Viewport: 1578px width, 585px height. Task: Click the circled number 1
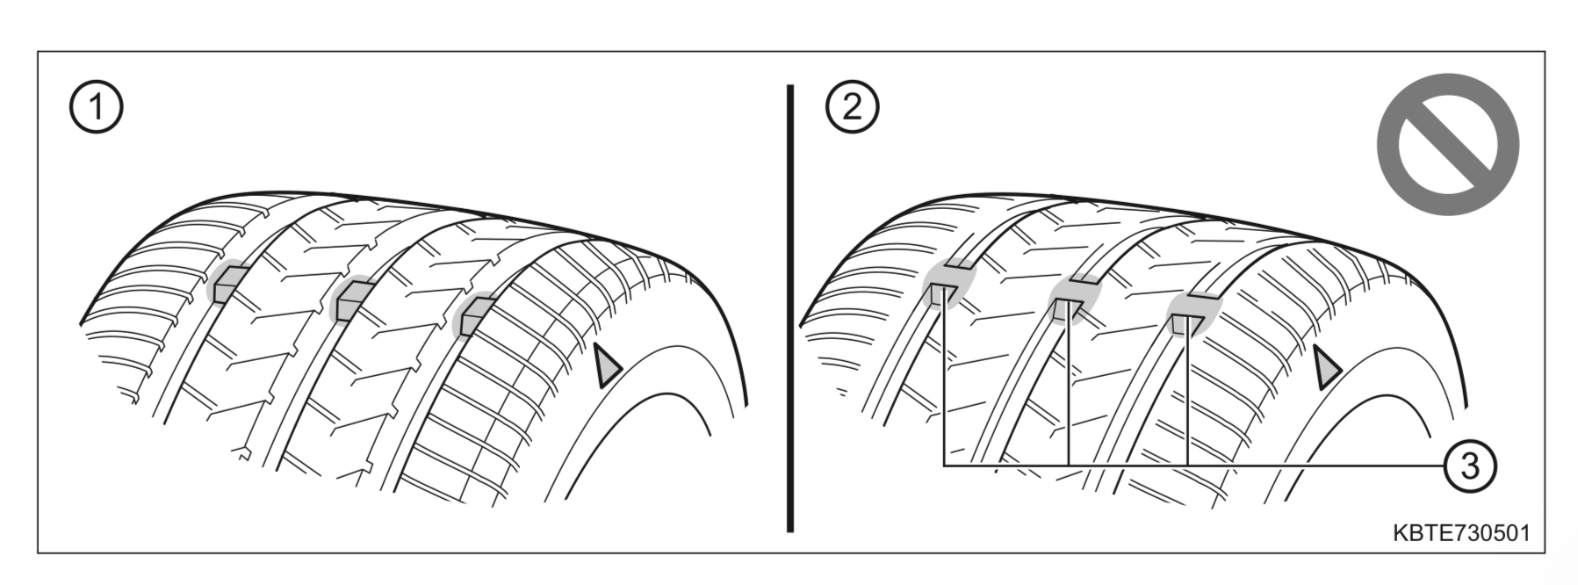point(96,108)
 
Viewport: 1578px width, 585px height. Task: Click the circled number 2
point(852,108)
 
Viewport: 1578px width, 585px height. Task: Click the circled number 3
point(1469,464)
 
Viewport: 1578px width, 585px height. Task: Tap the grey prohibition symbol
point(1447,142)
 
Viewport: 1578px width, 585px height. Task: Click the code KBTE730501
point(1460,533)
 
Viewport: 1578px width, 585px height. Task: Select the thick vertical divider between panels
point(790,307)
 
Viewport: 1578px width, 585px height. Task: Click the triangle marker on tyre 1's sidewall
point(606,366)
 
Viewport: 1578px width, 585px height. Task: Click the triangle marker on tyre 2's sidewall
point(1326,367)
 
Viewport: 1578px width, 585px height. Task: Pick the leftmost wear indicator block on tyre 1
point(227,283)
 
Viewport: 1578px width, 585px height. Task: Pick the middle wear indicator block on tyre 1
point(352,300)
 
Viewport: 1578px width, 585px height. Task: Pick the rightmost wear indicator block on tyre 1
point(474,315)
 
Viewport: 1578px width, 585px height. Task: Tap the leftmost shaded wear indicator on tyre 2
point(948,288)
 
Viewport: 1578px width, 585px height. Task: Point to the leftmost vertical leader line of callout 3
point(944,386)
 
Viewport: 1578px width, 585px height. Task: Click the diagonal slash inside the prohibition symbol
point(1447,142)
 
